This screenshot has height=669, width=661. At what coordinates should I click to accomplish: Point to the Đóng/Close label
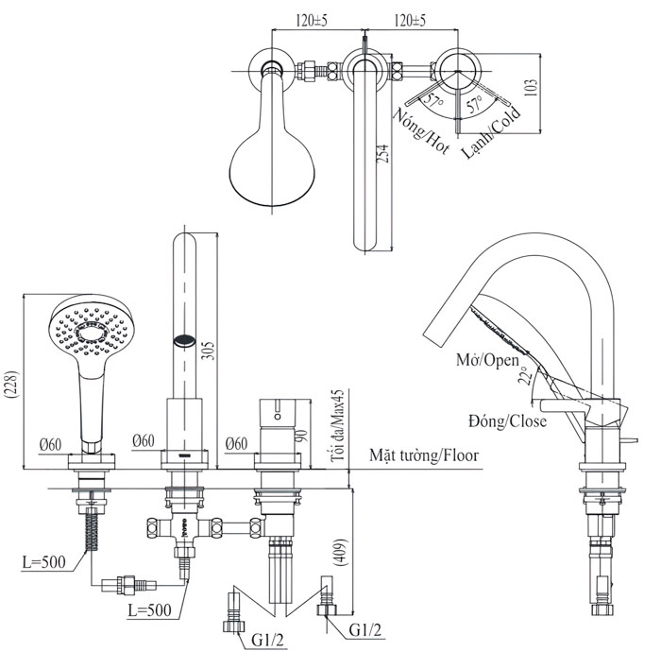506,420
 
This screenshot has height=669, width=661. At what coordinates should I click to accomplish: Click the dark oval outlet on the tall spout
185,338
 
